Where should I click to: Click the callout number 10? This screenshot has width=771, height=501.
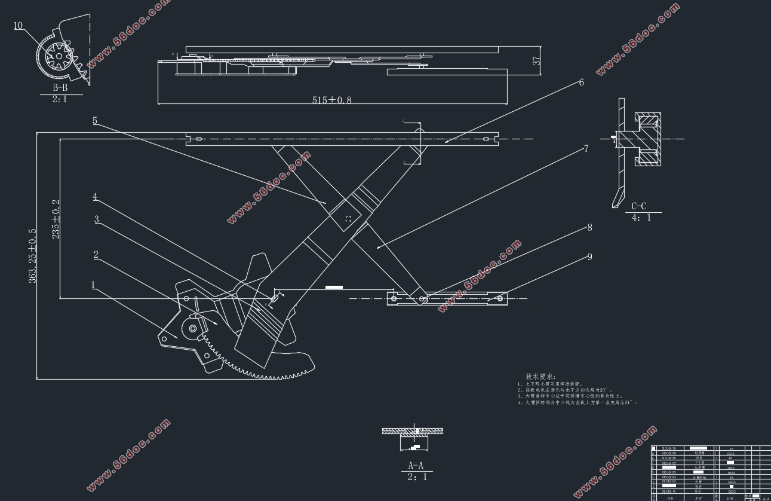18,26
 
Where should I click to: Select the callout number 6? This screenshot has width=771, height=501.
581,83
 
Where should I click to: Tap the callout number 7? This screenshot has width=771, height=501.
586,148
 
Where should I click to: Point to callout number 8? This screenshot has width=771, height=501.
589,227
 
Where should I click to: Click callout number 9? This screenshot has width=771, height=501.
589,256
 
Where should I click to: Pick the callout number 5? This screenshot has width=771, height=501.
95,121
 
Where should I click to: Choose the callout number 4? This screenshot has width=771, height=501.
95,197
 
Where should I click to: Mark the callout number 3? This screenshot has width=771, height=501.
97,219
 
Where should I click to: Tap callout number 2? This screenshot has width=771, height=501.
96,255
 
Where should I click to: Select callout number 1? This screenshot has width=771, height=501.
93,285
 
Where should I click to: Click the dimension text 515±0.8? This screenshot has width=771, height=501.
331,100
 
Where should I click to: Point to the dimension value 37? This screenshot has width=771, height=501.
536,60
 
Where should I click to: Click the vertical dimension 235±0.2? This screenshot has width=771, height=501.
56,219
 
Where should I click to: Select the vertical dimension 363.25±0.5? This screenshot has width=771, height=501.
32,255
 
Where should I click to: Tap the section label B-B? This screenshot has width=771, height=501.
60,88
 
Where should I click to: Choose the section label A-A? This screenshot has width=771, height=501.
416,465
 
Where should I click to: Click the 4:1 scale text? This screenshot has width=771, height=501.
643,218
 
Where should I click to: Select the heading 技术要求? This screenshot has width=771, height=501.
540,377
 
